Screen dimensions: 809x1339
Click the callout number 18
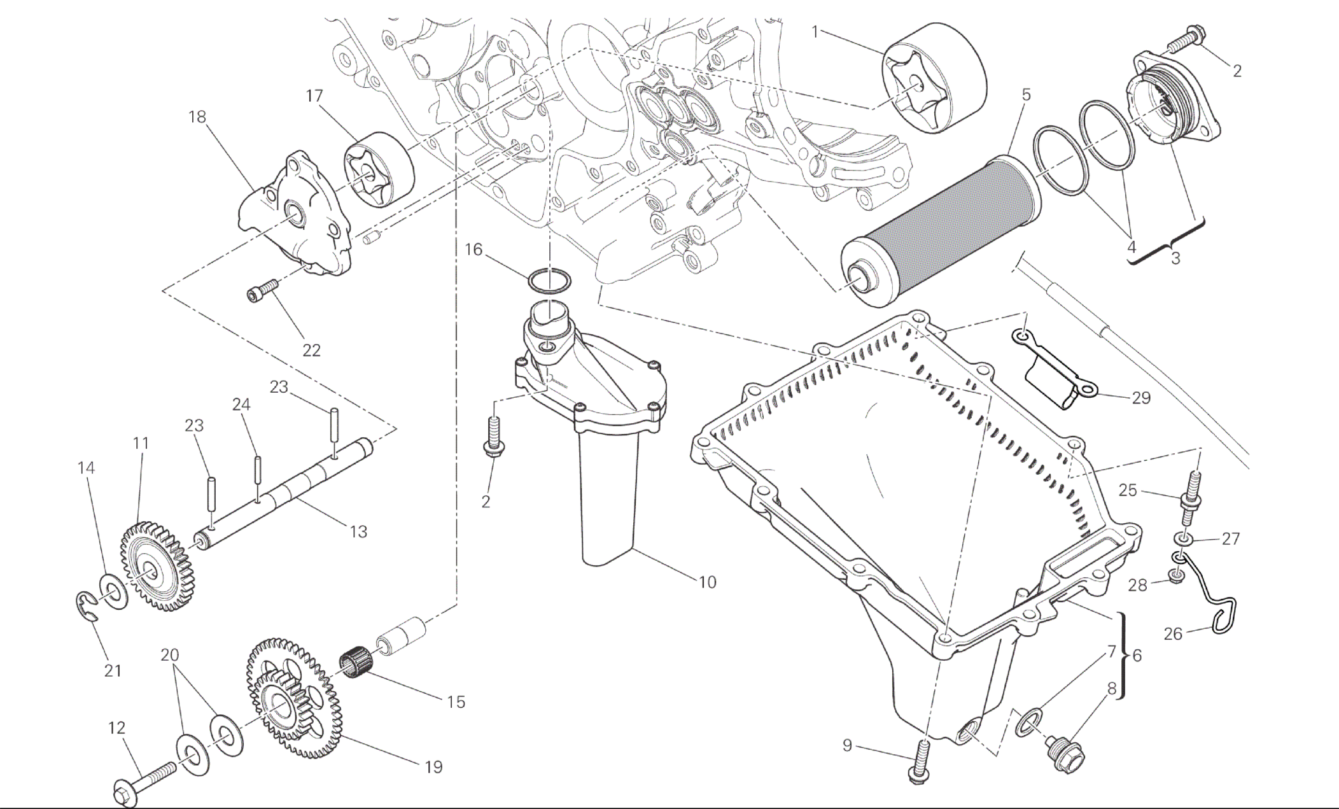(197, 117)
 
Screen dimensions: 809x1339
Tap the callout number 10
(707, 582)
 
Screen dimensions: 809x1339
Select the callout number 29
(1141, 398)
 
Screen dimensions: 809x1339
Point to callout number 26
(1173, 634)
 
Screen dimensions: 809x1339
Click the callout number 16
(473, 250)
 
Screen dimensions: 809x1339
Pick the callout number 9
(847, 745)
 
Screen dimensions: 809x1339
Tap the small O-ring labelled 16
(549, 279)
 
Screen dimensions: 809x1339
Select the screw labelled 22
(263, 291)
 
